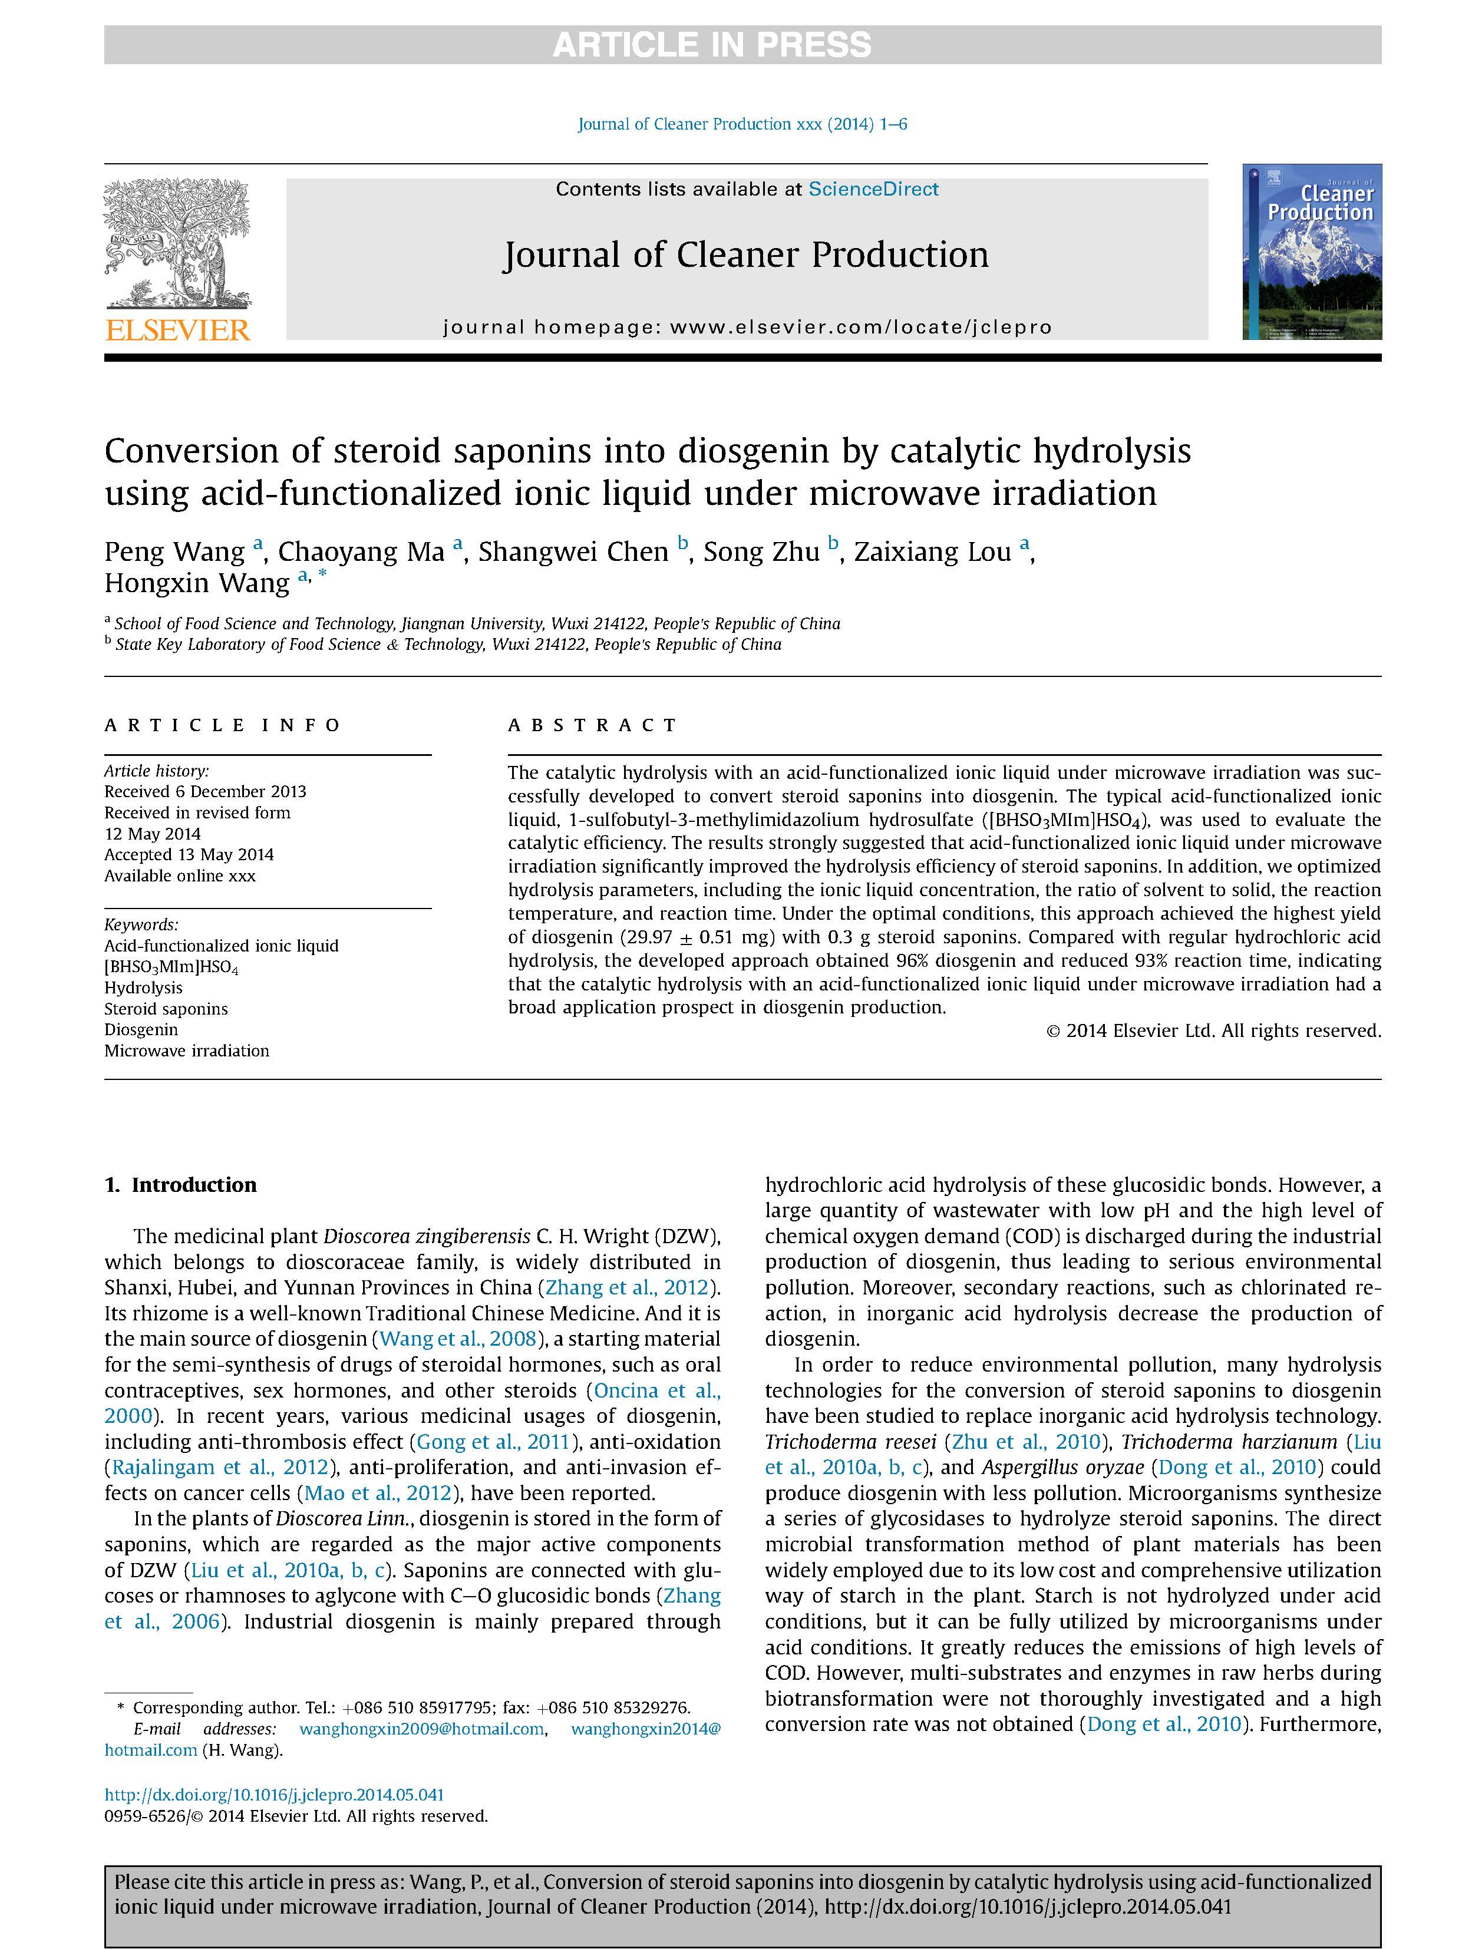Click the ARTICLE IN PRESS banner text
coord(711,44)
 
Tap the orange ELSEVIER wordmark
coord(178,331)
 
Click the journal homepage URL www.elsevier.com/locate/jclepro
coord(860,327)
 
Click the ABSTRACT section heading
coord(592,725)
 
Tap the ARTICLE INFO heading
coord(222,725)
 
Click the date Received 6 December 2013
coord(205,791)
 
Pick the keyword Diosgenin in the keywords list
coord(141,1029)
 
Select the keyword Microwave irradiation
coord(187,1051)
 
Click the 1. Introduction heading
coord(181,1184)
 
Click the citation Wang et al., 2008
coord(457,1339)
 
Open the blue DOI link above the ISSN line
coord(274,1794)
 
